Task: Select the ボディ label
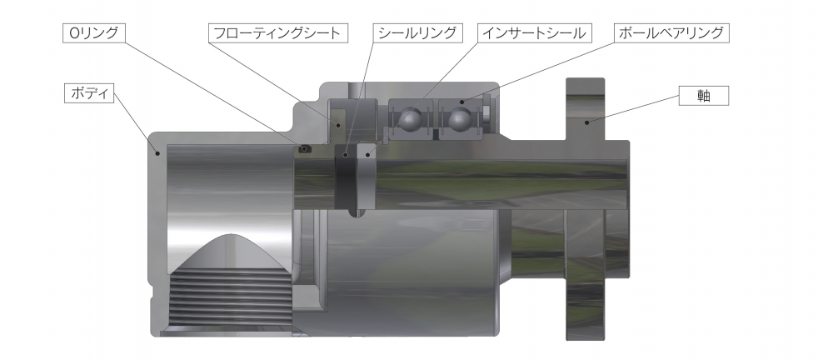point(88,92)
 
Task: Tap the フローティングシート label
point(277,33)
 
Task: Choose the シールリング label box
point(417,33)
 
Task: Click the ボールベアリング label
point(672,33)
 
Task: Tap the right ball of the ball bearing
point(458,120)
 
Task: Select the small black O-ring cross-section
point(305,149)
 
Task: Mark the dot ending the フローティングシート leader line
point(337,124)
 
